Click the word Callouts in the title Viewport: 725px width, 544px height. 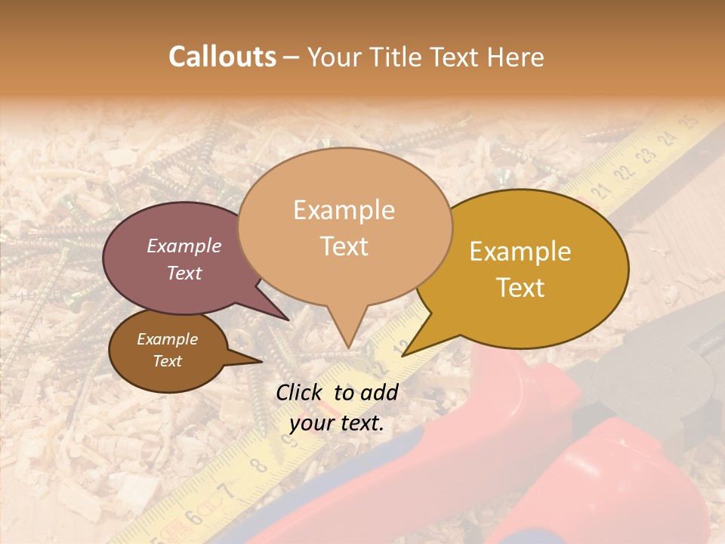[x=222, y=57]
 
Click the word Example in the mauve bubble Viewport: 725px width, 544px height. [x=184, y=246]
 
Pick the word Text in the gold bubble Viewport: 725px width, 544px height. [x=520, y=288]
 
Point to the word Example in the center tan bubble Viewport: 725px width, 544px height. [x=344, y=210]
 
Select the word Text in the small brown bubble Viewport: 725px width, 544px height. [x=168, y=361]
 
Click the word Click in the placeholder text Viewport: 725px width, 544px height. [x=301, y=392]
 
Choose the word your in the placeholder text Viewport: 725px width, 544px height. [x=310, y=424]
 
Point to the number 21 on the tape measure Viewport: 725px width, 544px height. [x=602, y=190]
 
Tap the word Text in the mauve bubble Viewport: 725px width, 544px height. [x=184, y=273]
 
